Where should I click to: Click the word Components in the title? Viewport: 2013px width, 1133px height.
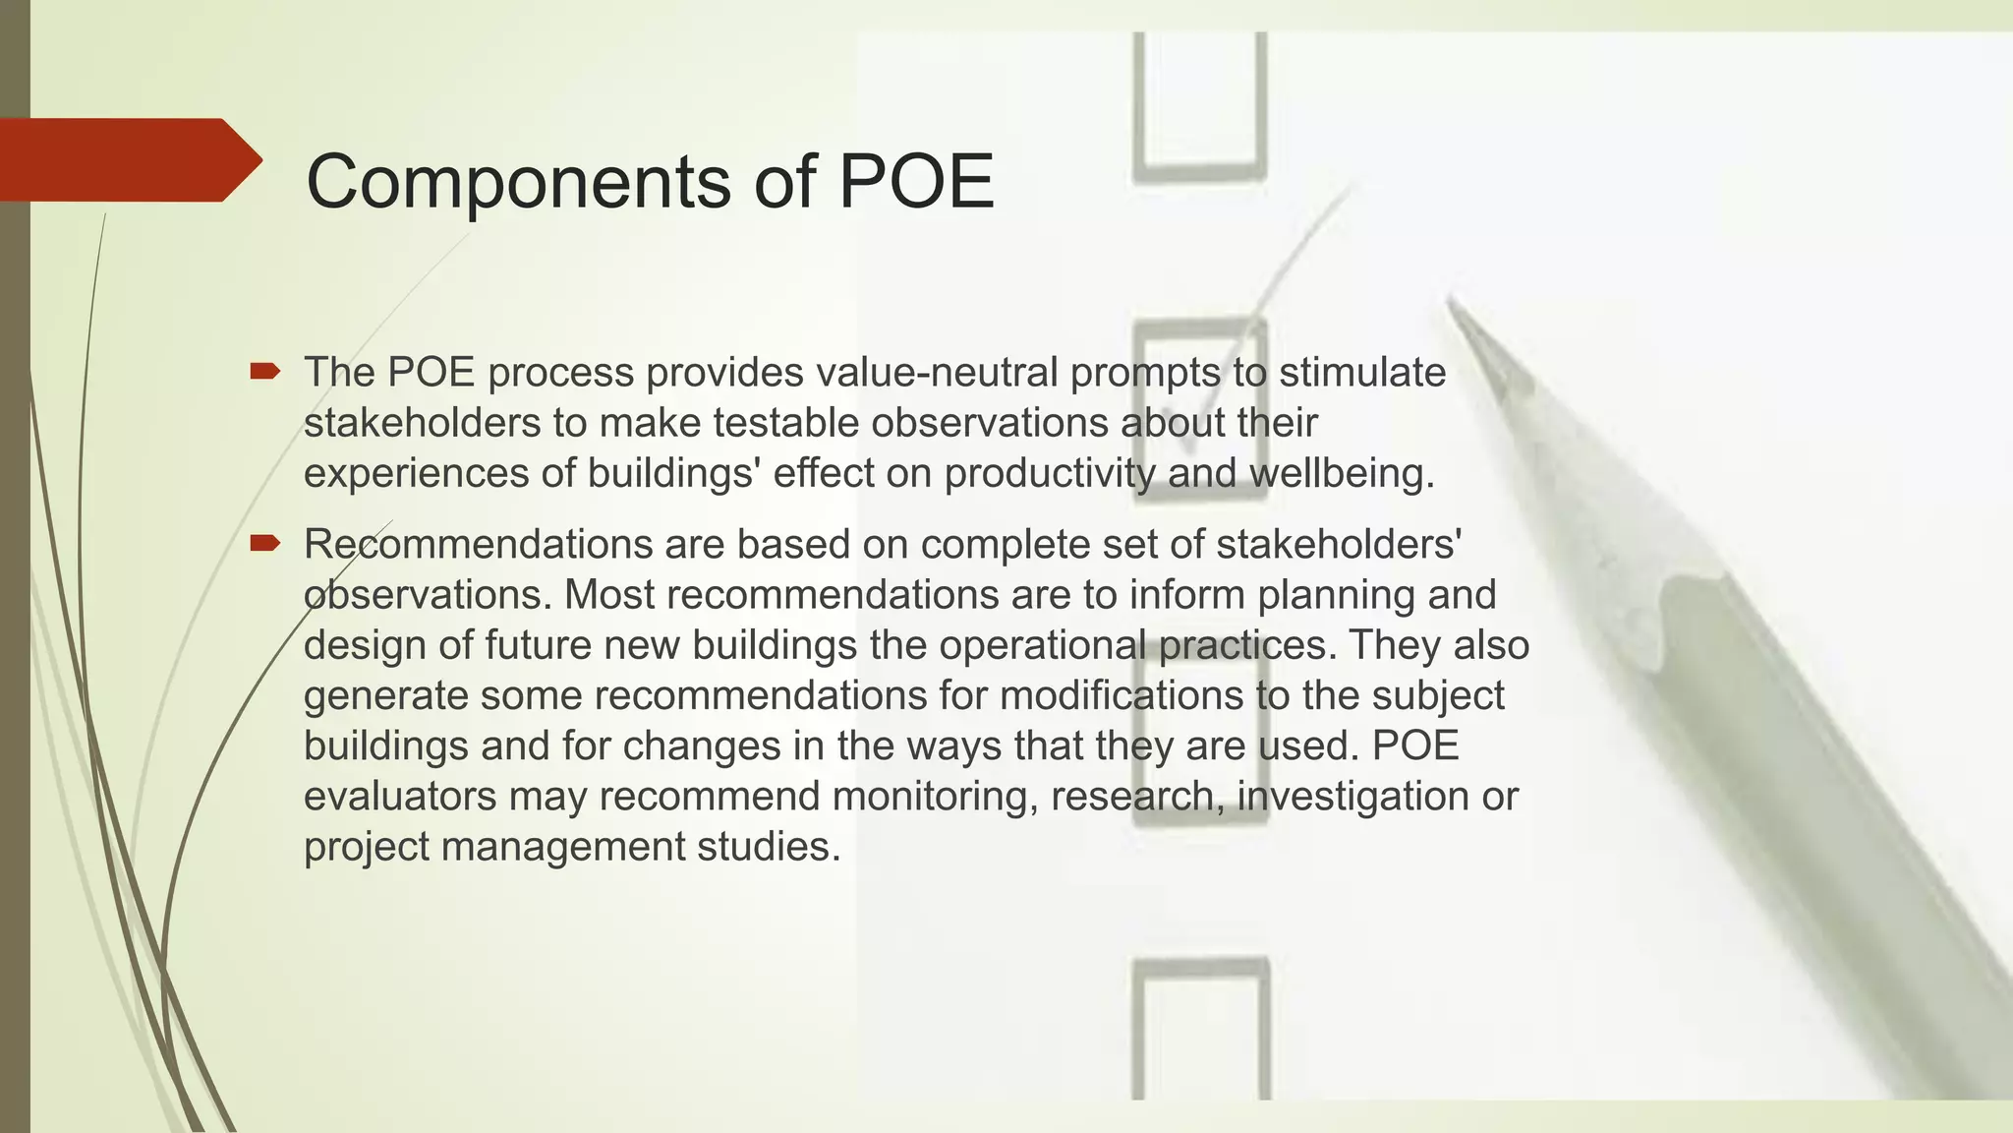click(x=519, y=182)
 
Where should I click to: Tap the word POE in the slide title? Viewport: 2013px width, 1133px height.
click(x=915, y=182)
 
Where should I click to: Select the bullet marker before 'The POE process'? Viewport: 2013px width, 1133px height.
click(x=264, y=372)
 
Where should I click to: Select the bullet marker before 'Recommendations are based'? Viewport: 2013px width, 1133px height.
click(x=264, y=543)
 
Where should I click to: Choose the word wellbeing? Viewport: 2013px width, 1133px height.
click(x=1342, y=473)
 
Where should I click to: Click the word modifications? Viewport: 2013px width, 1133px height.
click(x=1122, y=695)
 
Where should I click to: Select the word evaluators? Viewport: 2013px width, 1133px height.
click(x=400, y=796)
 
